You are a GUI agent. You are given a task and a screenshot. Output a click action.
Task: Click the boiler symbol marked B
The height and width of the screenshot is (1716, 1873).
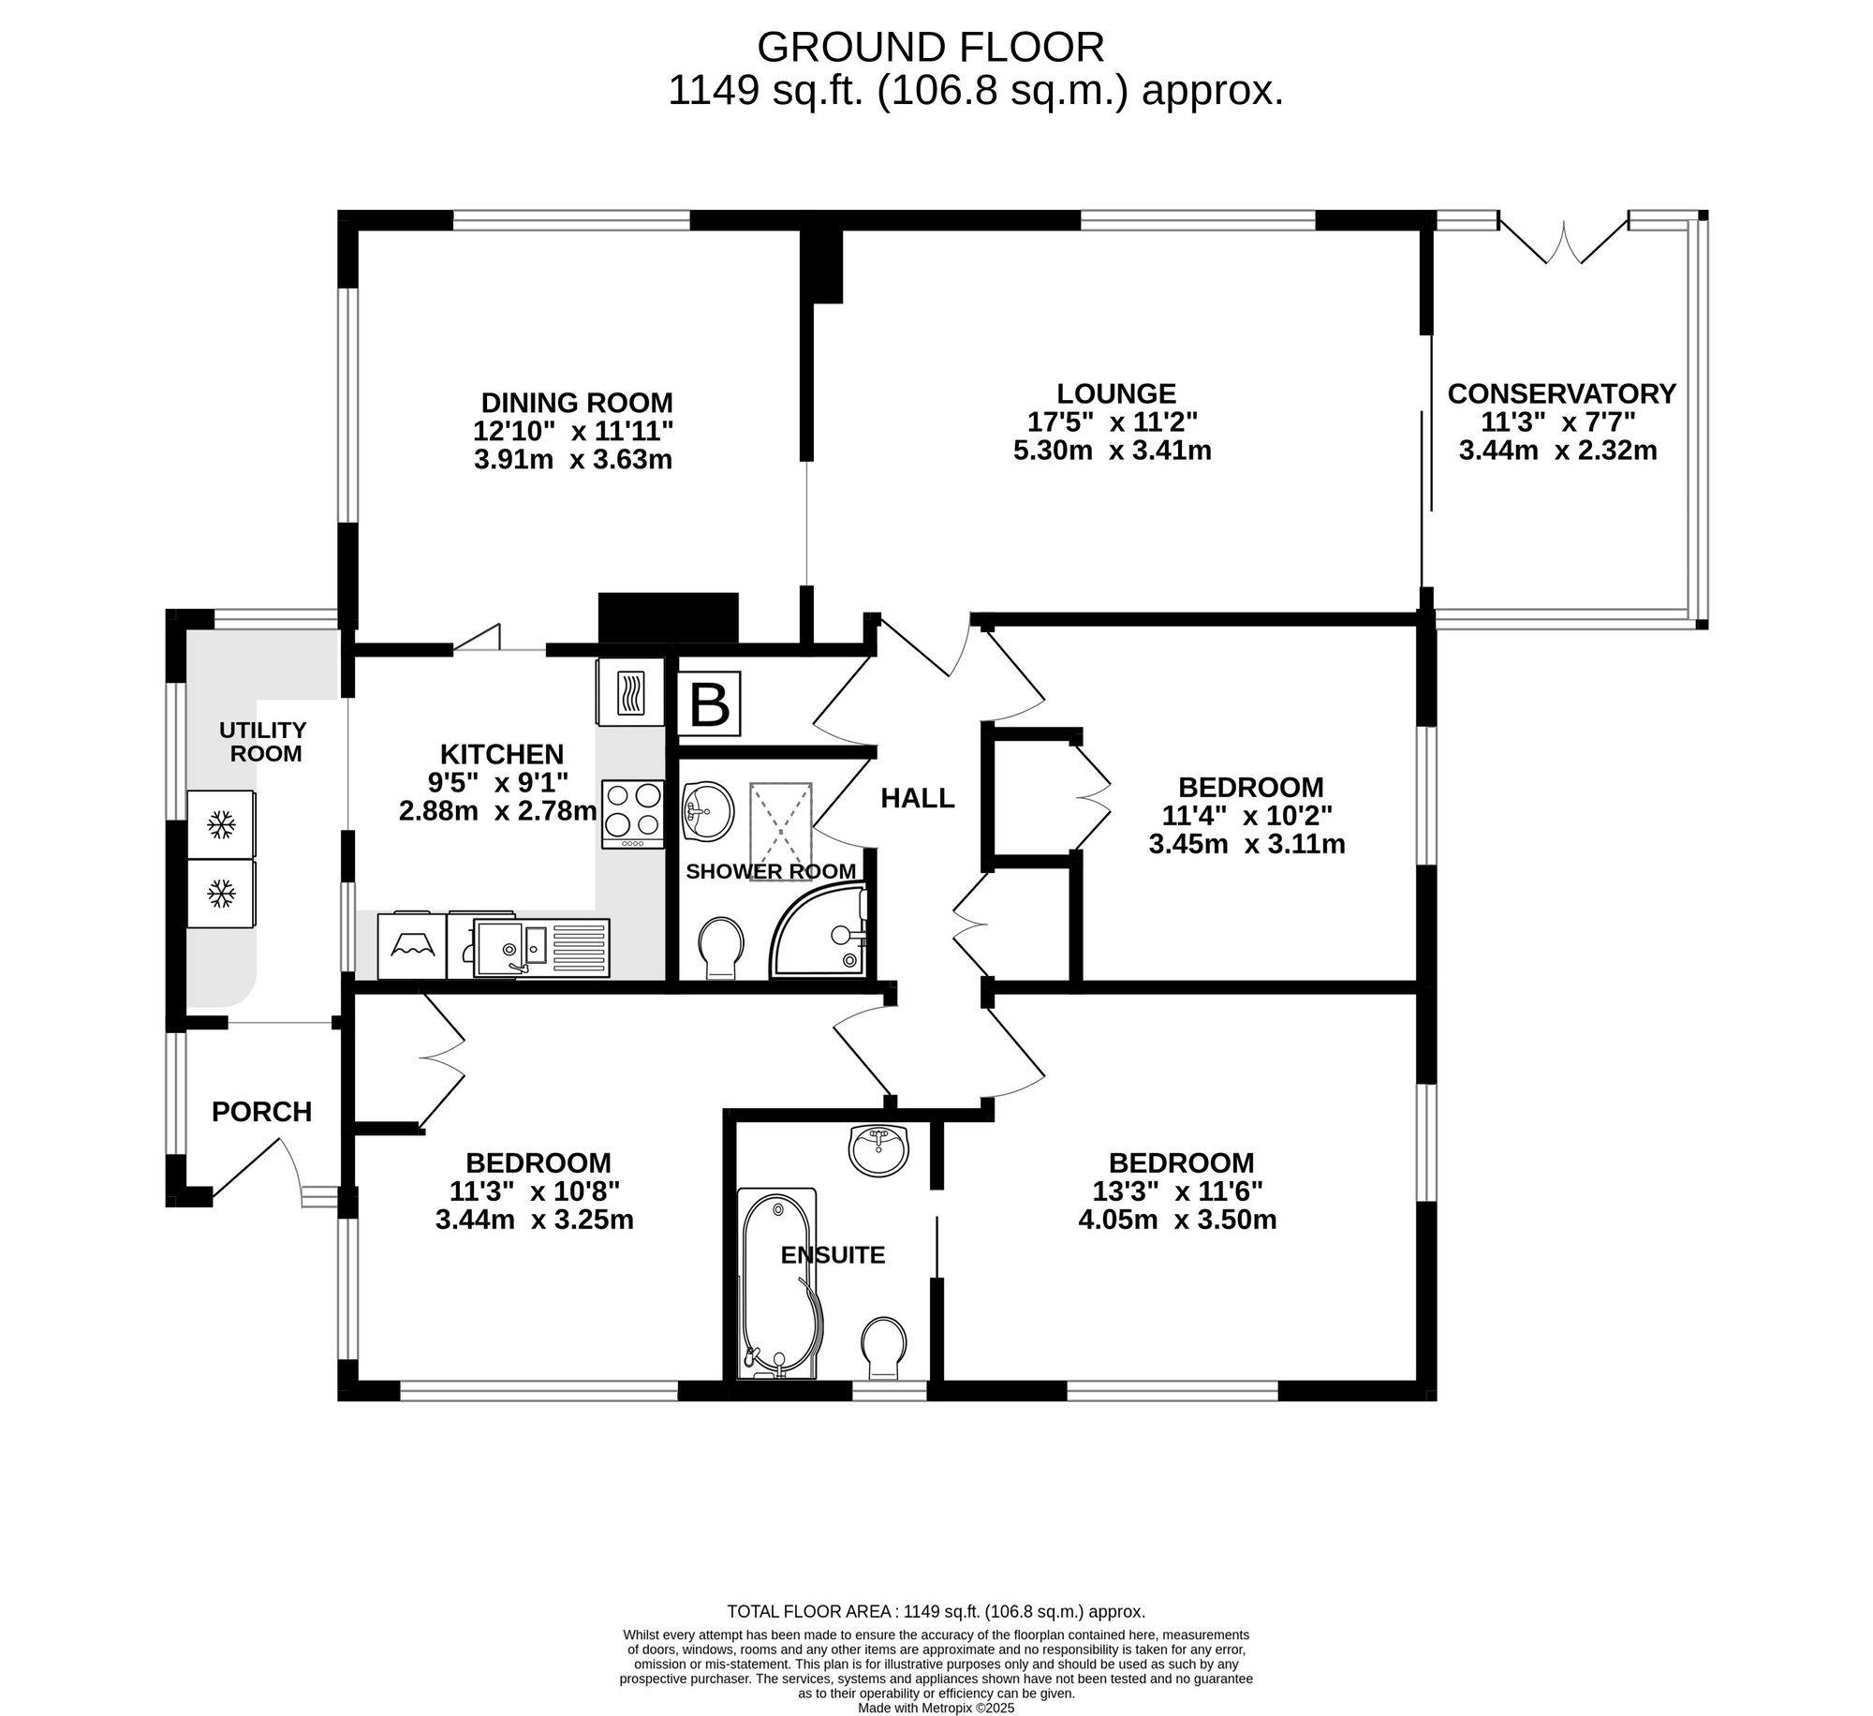[x=709, y=703]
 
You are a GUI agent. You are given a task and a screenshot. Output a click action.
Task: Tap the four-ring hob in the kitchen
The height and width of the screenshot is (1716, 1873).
[x=632, y=814]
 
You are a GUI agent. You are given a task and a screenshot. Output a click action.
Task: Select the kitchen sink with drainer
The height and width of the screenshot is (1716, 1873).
[x=541, y=947]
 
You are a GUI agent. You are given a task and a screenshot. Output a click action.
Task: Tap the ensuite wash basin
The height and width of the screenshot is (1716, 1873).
[x=878, y=1150]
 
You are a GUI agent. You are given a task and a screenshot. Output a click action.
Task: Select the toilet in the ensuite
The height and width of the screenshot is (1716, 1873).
[x=883, y=1349]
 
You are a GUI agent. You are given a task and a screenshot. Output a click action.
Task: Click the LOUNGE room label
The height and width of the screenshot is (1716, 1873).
[x=1116, y=393]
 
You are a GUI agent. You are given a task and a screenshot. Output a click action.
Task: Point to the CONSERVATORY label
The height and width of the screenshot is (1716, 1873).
[x=1561, y=393]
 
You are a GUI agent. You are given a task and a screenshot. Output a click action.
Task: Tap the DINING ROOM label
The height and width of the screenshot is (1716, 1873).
[x=577, y=403]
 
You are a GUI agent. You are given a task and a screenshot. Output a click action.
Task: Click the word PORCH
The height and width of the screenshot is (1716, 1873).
[x=261, y=1112]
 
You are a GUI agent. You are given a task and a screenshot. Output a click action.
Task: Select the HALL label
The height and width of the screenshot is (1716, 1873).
[x=918, y=798]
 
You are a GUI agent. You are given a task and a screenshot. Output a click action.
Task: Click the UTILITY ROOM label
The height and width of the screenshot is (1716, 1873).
[x=263, y=741]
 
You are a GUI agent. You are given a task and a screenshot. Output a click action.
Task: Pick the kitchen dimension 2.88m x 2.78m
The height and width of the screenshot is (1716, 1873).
[x=497, y=810]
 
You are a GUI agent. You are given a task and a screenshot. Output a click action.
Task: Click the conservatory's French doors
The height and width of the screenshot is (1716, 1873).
[x=1564, y=240]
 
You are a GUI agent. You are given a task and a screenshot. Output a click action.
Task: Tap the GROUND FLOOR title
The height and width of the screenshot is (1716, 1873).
[x=931, y=47]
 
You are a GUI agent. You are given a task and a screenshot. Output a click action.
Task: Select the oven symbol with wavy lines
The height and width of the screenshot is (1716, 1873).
[x=629, y=691]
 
